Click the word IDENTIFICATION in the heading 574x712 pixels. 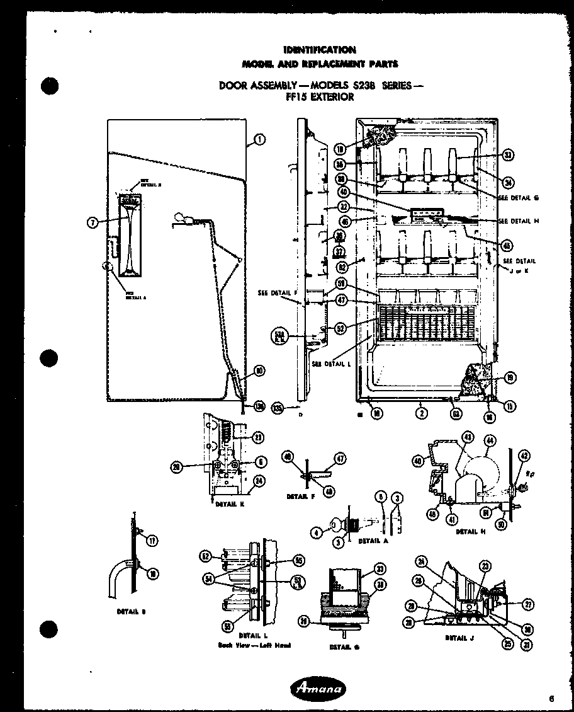pyautogui.click(x=319, y=50)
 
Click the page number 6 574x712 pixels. pyautogui.click(x=551, y=698)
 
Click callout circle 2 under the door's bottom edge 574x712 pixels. pyautogui.click(x=421, y=413)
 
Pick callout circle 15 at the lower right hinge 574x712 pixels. pyautogui.click(x=510, y=406)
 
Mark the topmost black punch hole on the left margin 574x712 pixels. pyautogui.click(x=49, y=86)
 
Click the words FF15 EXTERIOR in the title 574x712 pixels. pyautogui.click(x=320, y=97)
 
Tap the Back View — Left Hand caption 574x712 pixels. pyautogui.click(x=254, y=645)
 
